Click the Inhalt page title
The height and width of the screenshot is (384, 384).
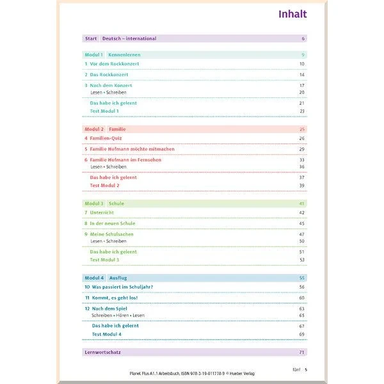click(292, 14)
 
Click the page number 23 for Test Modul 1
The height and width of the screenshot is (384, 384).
click(301, 111)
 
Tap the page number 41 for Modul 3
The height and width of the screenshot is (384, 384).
click(301, 204)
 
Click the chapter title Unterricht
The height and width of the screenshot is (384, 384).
click(104, 212)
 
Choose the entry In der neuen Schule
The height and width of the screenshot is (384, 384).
click(114, 223)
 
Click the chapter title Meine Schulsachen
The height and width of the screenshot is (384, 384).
click(113, 234)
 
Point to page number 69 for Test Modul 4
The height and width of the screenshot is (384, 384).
click(301, 335)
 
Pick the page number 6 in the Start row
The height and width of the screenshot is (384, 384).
click(303, 38)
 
